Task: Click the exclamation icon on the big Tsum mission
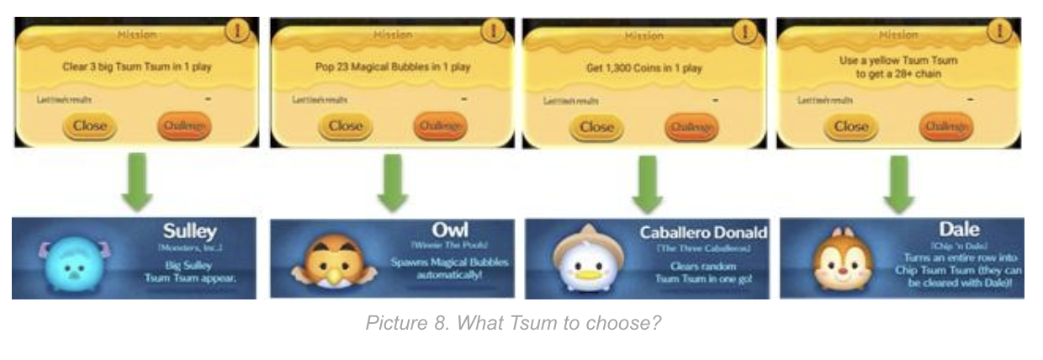click(239, 30)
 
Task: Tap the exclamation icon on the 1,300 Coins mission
click(745, 30)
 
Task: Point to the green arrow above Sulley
click(137, 183)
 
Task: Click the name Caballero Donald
click(703, 232)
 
